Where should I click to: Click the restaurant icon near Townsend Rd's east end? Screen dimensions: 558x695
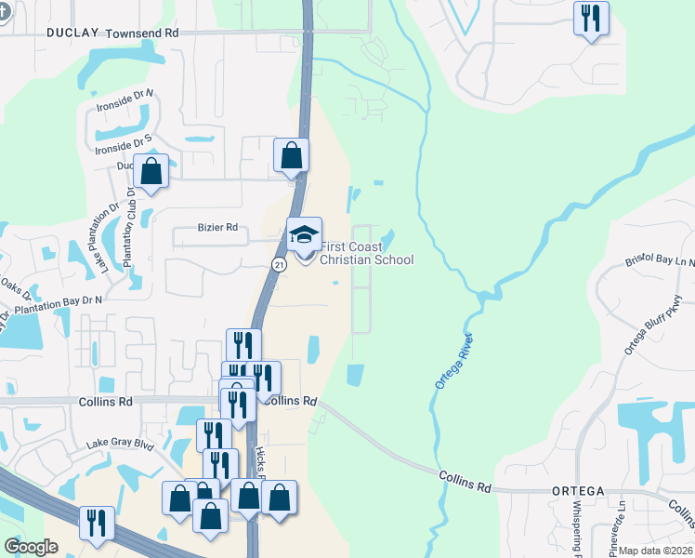(x=591, y=19)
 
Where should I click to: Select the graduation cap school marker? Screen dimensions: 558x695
(x=304, y=235)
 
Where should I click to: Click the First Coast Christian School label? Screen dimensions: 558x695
(x=366, y=254)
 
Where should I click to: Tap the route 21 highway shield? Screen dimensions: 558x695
(x=279, y=265)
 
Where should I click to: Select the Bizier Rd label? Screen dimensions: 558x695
(x=218, y=227)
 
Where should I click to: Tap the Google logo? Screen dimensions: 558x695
(x=31, y=547)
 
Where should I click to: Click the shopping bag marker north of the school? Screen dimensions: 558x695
(x=291, y=156)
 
